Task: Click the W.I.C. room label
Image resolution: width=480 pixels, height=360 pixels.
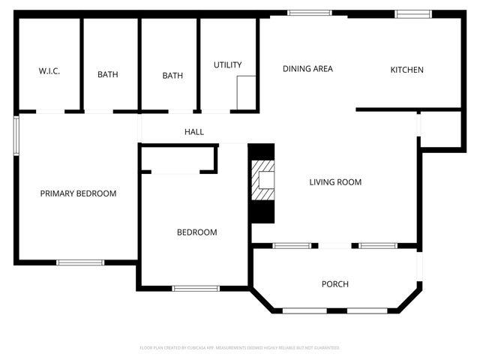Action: (49, 72)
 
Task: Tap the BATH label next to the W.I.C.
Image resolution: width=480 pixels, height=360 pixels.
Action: (108, 74)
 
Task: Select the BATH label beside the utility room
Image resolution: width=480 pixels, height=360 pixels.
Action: (173, 75)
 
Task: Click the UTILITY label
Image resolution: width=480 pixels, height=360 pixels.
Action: (227, 65)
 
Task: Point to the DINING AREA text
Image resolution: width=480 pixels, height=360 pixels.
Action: (307, 69)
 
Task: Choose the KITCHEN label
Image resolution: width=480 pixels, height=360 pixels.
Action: (406, 70)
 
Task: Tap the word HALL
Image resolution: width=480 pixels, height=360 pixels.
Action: (194, 132)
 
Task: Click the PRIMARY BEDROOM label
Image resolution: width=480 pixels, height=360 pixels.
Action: (78, 193)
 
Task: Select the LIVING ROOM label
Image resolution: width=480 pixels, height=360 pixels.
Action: (336, 182)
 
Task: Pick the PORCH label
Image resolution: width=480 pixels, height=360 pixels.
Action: (334, 283)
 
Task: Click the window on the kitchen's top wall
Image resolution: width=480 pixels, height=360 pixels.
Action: (412, 13)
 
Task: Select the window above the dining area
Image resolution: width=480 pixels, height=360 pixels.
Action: (310, 13)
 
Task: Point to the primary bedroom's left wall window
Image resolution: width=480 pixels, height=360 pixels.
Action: (16, 136)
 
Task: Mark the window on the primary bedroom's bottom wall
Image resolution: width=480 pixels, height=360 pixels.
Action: (80, 262)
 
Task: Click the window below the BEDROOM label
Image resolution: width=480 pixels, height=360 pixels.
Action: (196, 288)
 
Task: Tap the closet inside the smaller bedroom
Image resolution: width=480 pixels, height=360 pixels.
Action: (178, 159)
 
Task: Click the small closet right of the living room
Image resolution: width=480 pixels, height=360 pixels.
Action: (440, 129)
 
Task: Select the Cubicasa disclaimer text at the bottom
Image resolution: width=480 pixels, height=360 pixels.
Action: (240, 348)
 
